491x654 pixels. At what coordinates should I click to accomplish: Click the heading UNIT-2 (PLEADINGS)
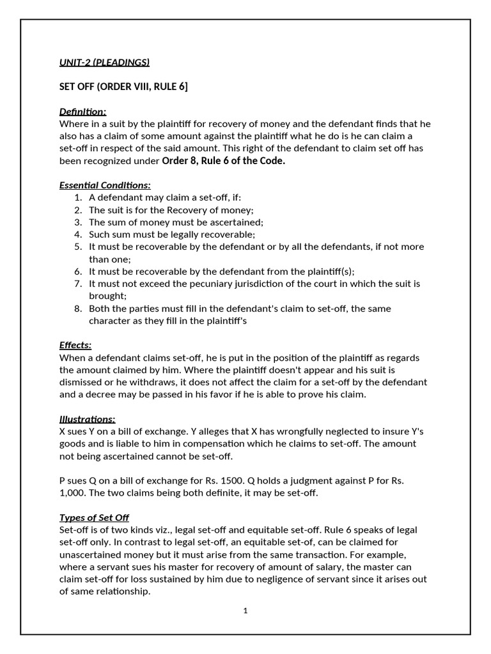[104, 62]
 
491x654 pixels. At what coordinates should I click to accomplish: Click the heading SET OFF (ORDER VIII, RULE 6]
[124, 87]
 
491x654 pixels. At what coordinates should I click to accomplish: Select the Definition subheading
[83, 111]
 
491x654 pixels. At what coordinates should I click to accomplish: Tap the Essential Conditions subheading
[105, 185]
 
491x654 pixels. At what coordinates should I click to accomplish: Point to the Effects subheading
[75, 345]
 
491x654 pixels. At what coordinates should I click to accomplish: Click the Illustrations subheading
[88, 419]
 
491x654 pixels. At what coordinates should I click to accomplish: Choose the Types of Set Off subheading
[94, 517]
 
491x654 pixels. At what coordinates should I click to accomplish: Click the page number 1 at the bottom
[245, 611]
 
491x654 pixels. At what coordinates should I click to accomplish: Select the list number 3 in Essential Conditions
[78, 222]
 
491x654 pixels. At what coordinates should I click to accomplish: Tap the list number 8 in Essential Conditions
[78, 308]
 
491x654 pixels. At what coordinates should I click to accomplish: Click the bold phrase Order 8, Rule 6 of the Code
[224, 161]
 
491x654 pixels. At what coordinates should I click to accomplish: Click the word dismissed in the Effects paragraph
[84, 383]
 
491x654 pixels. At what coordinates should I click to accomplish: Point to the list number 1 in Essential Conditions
[78, 198]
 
